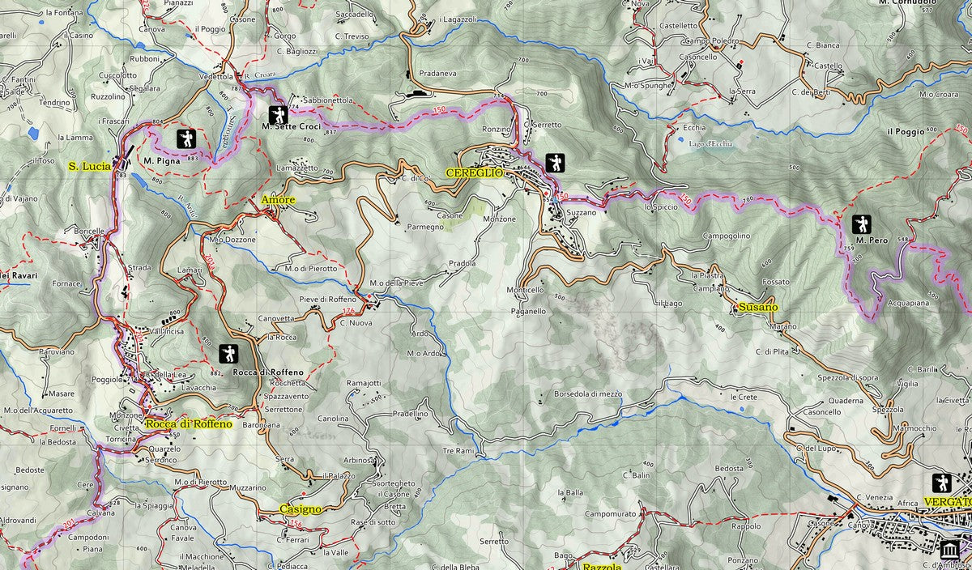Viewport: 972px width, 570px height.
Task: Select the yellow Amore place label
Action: [x=278, y=199]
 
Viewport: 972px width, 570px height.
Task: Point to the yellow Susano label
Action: [x=758, y=307]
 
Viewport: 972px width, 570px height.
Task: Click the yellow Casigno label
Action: [x=300, y=509]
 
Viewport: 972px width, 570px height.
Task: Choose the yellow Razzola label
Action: [x=602, y=566]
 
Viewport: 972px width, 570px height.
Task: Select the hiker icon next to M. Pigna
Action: [x=186, y=138]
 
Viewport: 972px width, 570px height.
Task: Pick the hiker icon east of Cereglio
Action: [x=556, y=163]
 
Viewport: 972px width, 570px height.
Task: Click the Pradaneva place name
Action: [x=438, y=71]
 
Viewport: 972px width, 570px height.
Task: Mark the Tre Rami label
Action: [x=458, y=450]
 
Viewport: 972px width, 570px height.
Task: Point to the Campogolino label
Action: [x=726, y=236]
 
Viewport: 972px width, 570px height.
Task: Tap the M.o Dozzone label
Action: [x=232, y=240]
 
